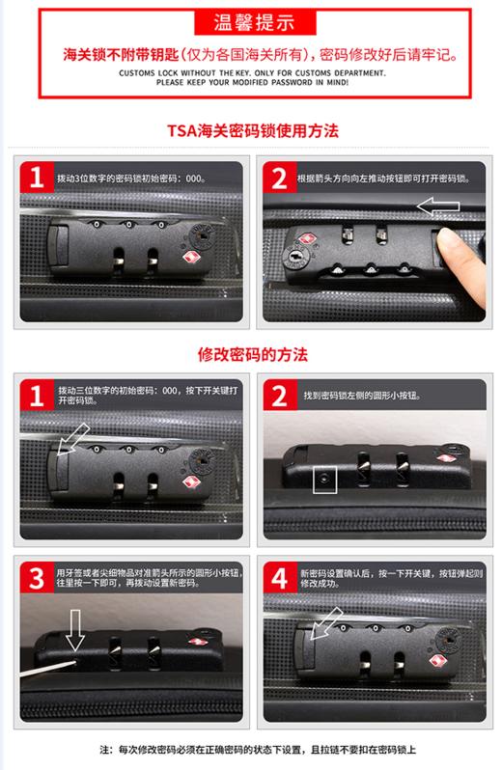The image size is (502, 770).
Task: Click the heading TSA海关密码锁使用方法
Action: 252,128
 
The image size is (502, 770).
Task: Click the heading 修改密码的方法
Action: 252,354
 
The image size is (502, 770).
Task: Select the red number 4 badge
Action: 278,580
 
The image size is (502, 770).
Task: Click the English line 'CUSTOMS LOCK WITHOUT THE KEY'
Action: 252,73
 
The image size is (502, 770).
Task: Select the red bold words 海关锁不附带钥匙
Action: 103,55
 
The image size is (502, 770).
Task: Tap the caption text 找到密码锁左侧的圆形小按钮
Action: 359,396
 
